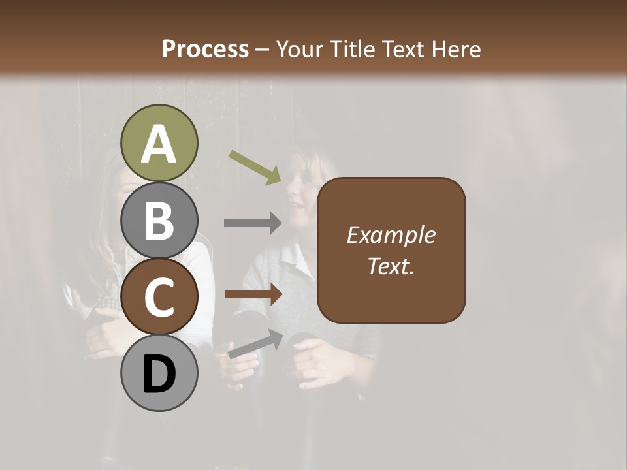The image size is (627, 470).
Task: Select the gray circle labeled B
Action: point(159,221)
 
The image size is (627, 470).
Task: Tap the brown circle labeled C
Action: point(159,296)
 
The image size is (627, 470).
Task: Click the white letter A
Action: point(159,144)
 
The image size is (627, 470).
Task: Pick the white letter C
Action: point(159,298)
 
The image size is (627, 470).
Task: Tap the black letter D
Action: point(159,374)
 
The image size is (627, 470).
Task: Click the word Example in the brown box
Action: point(391,235)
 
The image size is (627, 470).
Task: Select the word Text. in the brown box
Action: point(391,266)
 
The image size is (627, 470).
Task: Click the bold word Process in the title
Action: point(205,49)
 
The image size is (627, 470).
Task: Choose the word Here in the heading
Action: point(457,49)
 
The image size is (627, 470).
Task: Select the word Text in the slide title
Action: point(403,49)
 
